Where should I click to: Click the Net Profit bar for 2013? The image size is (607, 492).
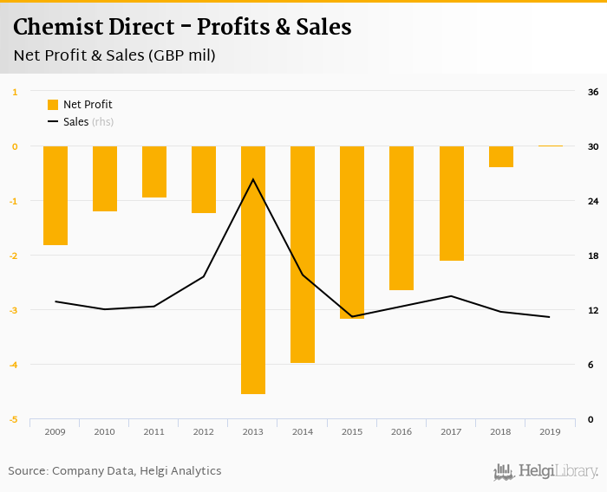(253, 269)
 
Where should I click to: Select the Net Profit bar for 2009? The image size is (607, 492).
(55, 196)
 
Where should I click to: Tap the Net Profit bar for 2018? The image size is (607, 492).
(501, 157)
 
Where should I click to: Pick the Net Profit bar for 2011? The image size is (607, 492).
(154, 172)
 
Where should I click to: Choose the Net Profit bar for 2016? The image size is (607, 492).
(401, 217)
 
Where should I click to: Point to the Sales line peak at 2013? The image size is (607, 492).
(253, 179)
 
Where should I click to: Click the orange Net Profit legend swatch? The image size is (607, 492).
(53, 105)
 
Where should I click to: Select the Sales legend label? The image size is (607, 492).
(76, 122)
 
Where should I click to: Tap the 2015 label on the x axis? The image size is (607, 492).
(352, 431)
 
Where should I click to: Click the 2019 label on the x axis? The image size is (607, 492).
(550, 431)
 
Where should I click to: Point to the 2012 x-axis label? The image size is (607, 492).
(204, 431)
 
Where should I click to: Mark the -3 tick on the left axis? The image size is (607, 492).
(15, 310)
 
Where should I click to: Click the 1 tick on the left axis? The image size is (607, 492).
(15, 92)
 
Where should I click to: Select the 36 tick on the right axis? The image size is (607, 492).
(593, 92)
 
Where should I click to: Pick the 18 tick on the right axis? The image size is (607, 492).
(593, 256)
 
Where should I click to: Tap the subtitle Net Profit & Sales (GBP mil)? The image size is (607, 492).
(114, 56)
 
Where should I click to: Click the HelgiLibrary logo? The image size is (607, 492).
(546, 471)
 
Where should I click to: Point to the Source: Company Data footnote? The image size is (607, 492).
(114, 471)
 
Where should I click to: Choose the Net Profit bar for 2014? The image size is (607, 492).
(303, 254)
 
